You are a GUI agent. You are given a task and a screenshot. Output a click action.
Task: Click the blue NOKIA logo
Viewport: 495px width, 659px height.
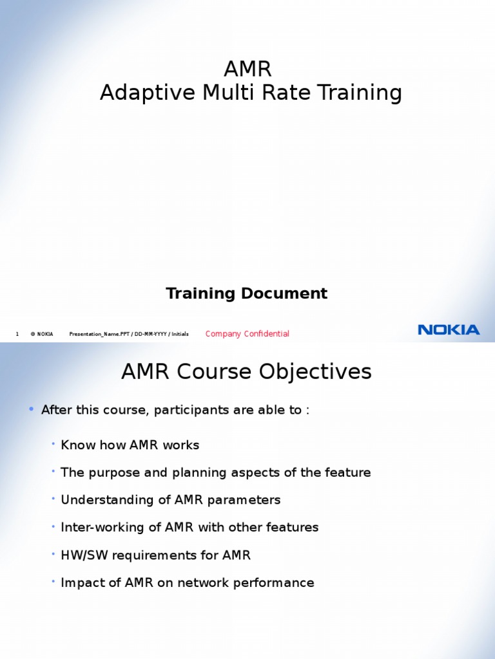(x=449, y=329)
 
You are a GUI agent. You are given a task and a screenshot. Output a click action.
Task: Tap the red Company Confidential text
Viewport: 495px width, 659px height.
(x=247, y=333)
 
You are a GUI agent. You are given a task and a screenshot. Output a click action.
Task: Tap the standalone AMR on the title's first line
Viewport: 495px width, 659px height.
(x=247, y=69)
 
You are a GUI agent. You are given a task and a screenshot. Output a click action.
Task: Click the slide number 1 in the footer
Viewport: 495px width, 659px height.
(x=17, y=334)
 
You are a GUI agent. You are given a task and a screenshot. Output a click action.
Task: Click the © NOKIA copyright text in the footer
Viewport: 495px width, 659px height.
(x=42, y=334)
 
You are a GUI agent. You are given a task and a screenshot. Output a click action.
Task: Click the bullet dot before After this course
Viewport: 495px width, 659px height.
(x=30, y=409)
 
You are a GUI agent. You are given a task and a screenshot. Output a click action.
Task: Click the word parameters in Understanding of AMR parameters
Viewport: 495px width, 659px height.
(x=250, y=500)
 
